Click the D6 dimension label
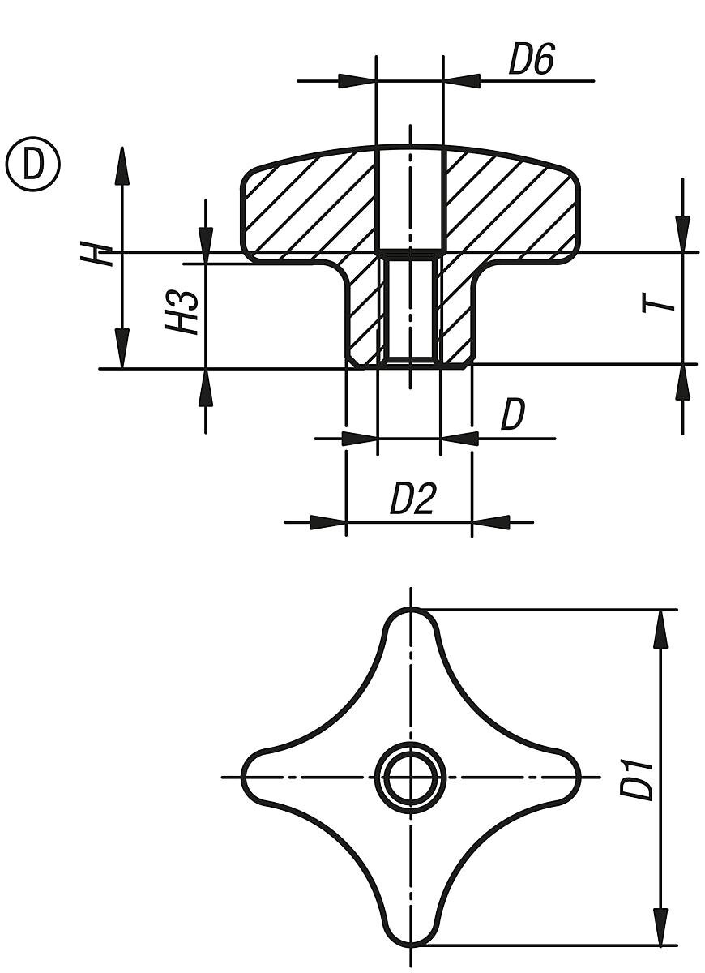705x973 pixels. [x=532, y=59]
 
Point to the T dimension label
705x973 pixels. [x=659, y=302]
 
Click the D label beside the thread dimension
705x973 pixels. [x=513, y=415]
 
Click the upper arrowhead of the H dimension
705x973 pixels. [x=123, y=165]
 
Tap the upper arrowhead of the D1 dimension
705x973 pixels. [x=661, y=629]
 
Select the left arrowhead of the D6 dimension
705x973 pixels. [x=357, y=81]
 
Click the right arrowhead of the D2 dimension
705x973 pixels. [x=491, y=522]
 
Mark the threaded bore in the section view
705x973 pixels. [x=410, y=311]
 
